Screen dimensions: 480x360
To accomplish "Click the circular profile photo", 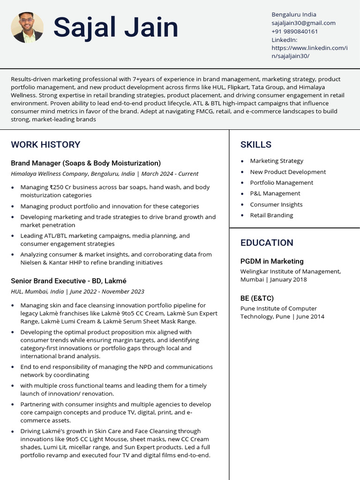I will coord(27,28).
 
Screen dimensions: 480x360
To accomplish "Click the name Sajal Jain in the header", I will coord(115,28).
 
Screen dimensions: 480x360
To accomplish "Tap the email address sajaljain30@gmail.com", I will coord(303,23).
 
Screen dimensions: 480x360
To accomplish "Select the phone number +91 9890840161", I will coord(294,31).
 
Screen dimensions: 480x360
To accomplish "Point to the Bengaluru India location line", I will coord(294,15).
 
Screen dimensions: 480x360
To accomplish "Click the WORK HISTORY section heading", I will coord(45,144).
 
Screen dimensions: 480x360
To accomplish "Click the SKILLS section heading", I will coord(255,144).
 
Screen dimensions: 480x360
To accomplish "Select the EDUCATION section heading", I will coord(267,242).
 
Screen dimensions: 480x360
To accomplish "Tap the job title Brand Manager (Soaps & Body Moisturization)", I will coord(86,163).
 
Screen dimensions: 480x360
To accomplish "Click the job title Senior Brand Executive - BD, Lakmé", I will coord(68,281).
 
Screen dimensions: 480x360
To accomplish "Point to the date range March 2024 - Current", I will coord(170,174).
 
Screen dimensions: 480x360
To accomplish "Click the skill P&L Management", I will coord(275,194).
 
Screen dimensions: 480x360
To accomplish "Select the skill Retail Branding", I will coord(271,215).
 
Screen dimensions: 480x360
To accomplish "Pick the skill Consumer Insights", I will coord(276,204).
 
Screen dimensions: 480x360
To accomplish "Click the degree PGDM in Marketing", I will coord(272,261).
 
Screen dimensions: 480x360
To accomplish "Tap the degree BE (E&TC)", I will coord(257,298).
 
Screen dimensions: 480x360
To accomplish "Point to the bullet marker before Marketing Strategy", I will coord(242,161).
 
